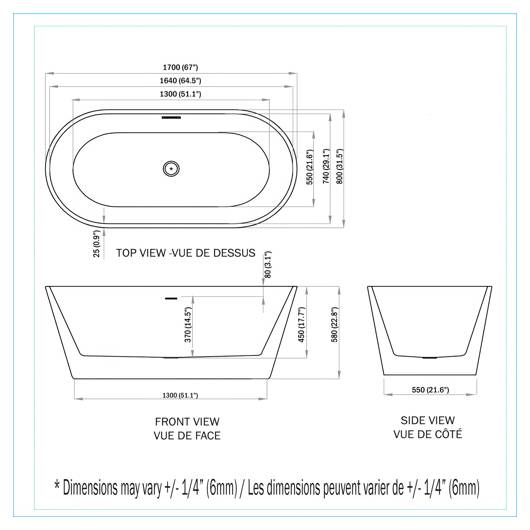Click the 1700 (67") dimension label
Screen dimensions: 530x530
pyautogui.click(x=180, y=67)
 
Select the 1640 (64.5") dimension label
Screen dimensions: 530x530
pyautogui.click(x=180, y=80)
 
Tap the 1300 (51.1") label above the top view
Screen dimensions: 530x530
pyautogui.click(x=180, y=94)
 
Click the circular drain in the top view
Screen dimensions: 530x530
pyautogui.click(x=171, y=168)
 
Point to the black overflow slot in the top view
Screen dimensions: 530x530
pyautogui.click(x=171, y=118)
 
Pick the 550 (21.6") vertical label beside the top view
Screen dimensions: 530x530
pyautogui.click(x=310, y=167)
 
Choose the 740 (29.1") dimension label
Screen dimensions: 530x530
pyautogui.click(x=326, y=166)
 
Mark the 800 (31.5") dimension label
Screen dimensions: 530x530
pyautogui.click(x=340, y=166)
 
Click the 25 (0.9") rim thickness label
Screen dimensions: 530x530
pyautogui.click(x=97, y=243)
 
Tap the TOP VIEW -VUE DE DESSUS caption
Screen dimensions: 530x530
pyautogui.click(x=186, y=253)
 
